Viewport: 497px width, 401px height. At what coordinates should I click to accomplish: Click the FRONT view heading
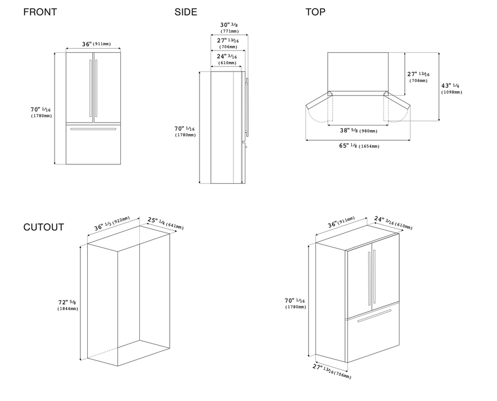coord(40,12)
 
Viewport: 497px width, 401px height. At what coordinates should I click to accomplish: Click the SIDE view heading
coord(186,12)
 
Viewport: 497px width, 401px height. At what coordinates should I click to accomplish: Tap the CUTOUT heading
coord(44,227)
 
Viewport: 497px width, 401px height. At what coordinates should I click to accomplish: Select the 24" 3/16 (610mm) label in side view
coord(228,59)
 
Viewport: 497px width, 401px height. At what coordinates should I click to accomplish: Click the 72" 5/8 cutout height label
coord(67,305)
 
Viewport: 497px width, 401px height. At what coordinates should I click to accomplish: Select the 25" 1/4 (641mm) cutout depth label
coord(165,223)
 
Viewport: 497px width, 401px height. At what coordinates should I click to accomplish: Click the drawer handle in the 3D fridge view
coord(374,316)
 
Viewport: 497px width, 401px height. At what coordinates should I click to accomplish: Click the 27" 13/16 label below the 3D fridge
coord(332,371)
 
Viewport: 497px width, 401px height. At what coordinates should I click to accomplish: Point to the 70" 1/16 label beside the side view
coord(185,131)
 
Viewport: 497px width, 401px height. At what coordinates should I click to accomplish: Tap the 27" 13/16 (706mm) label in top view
coord(418,77)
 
